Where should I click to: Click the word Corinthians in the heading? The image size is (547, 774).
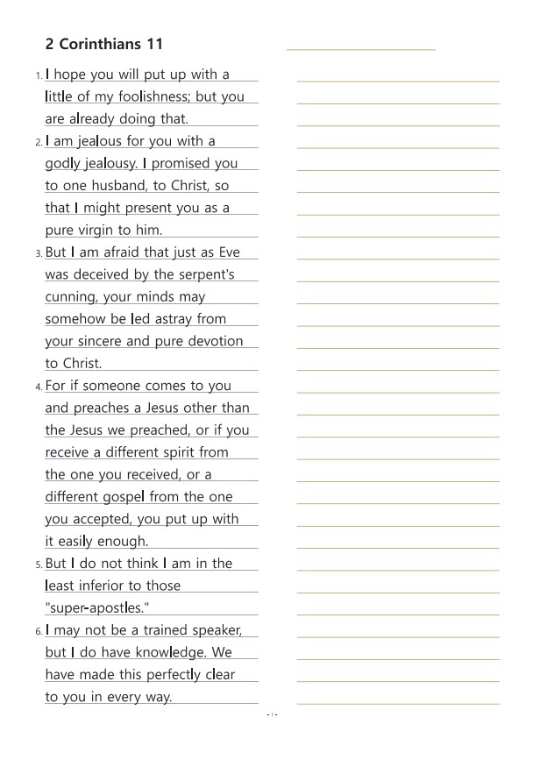(102, 45)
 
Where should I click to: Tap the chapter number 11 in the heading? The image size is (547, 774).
(155, 45)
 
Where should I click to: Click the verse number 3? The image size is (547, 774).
(39, 253)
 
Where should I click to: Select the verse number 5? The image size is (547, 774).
(39, 565)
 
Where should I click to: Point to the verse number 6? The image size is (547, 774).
(39, 631)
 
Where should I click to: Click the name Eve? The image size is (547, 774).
(229, 252)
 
